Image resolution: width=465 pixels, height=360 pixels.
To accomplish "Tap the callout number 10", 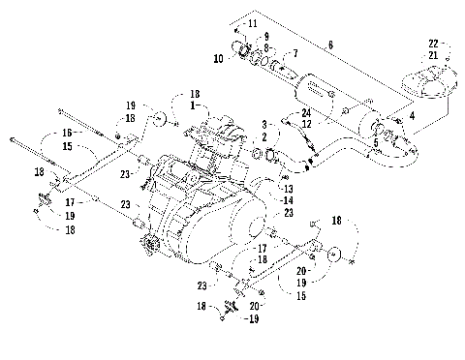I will point(219,60).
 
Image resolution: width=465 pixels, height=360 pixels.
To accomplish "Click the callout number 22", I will point(433,43).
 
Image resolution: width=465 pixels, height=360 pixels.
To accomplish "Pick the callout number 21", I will point(433,55).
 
